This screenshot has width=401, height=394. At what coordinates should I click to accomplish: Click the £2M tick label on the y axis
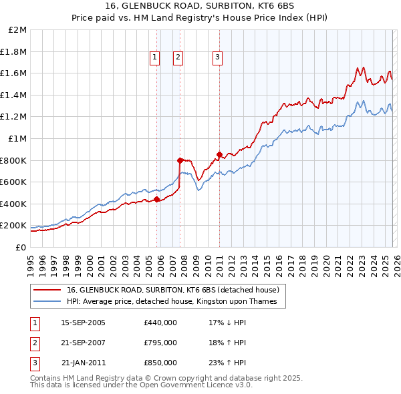18,30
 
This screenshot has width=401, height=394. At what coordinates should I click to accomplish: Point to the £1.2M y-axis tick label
15,117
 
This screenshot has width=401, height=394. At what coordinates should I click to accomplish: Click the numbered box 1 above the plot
154,58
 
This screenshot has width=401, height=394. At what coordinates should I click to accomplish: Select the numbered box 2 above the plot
178,58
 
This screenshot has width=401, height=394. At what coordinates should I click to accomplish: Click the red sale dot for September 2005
157,199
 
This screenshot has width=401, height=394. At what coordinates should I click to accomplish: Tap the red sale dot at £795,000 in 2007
180,160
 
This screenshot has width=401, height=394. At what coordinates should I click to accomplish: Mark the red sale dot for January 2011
220,154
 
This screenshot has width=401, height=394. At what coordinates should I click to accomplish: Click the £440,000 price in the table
160,323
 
